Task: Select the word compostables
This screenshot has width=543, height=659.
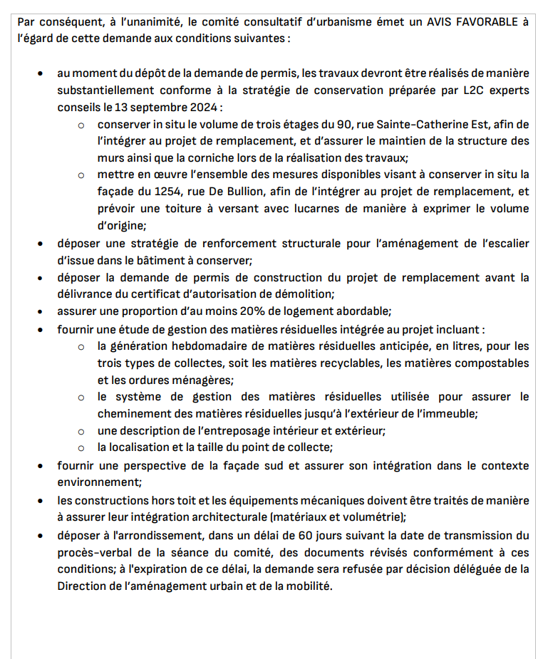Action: (492, 363)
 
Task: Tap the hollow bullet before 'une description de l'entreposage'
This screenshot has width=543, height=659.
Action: (82, 431)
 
